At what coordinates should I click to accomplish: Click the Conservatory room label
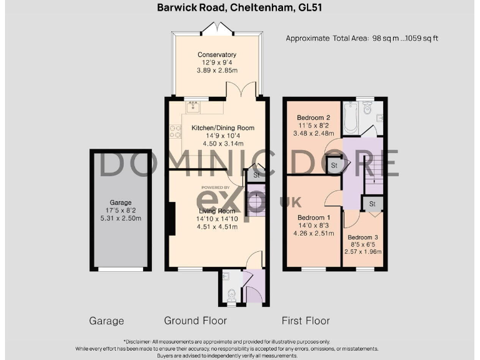(216, 54)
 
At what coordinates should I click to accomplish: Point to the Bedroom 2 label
(313, 117)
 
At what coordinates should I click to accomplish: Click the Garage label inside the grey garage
(121, 202)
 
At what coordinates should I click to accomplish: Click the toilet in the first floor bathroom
(368, 111)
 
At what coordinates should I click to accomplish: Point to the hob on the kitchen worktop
(175, 131)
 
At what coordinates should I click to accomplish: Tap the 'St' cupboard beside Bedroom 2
(334, 166)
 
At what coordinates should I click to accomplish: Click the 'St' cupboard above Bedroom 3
(372, 204)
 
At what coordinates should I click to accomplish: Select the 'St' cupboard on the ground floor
(256, 176)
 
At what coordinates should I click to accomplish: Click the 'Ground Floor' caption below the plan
(195, 321)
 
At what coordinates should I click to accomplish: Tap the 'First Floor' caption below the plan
(306, 321)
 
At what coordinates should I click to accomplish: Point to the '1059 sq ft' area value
(420, 38)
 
